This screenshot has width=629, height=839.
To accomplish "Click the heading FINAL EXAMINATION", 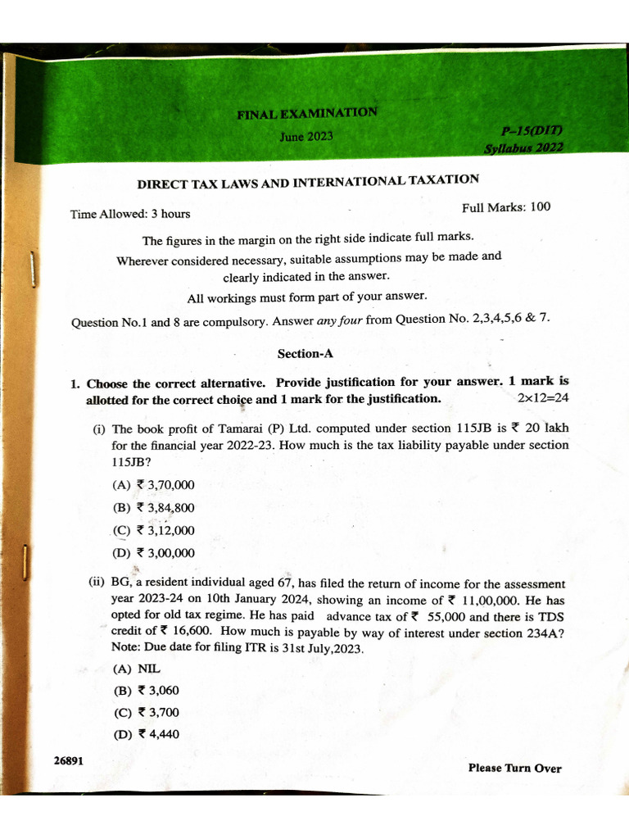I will (307, 113).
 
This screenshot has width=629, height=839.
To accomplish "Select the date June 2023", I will (306, 136).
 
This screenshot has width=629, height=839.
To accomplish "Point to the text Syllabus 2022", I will (523, 149).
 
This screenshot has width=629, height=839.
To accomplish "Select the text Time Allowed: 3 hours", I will (130, 214).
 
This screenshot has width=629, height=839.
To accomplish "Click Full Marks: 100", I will (506, 207).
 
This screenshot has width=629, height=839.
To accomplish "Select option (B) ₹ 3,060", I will (146, 691).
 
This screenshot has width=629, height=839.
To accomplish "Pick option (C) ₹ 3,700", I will (146, 713).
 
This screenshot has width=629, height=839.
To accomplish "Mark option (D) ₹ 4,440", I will (146, 734).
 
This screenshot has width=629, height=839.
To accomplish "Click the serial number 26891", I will (68, 760).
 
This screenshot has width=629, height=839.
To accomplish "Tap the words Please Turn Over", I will (514, 768).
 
